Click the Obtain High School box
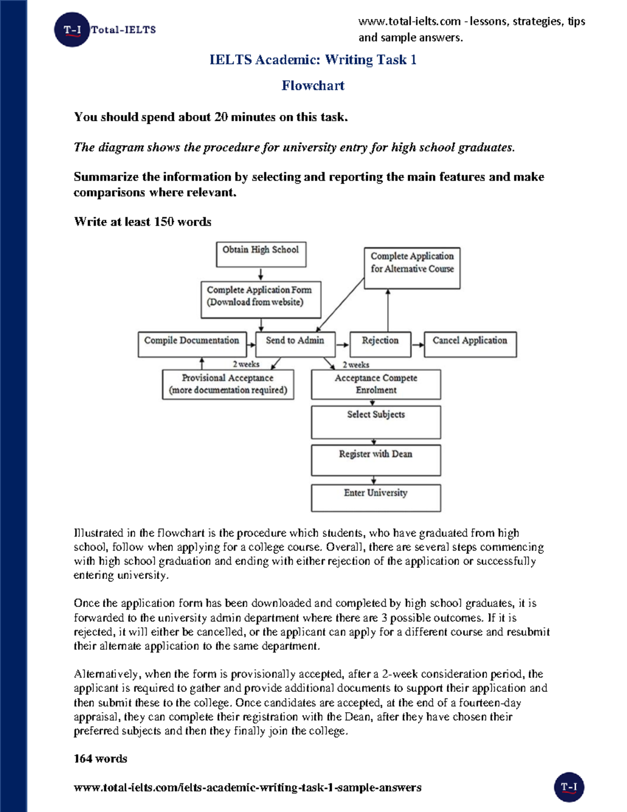tap(261, 254)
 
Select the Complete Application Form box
tap(261, 299)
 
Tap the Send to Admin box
tap(295, 344)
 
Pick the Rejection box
tap(380, 344)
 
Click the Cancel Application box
tap(470, 344)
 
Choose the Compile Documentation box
tap(192, 344)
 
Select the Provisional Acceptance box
tap(228, 384)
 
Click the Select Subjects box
tap(376, 422)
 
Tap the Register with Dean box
tap(376, 460)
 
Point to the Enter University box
tap(376, 498)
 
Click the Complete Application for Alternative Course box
tap(412, 268)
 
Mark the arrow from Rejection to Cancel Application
tap(417, 345)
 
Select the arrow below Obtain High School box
tap(261, 275)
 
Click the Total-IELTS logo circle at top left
tap(72, 30)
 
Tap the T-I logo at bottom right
tap(568, 787)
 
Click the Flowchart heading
tap(313, 86)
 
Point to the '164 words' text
tap(100, 759)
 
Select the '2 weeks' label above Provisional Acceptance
tap(246, 364)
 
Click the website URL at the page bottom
tap(247, 787)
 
